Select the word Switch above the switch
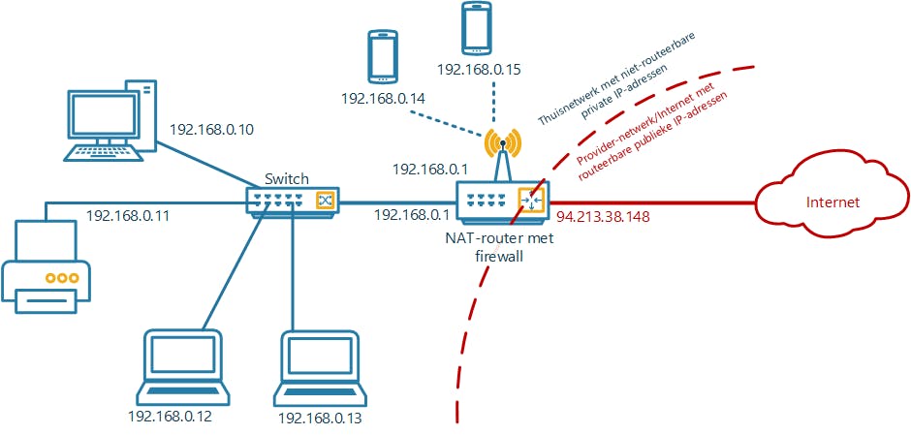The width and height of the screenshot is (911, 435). click(x=287, y=178)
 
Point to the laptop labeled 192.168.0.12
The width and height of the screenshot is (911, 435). click(x=183, y=367)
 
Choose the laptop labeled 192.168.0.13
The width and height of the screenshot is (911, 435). click(x=322, y=368)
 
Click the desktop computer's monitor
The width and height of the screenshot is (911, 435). click(x=101, y=117)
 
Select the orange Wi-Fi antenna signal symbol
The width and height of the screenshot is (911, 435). click(x=501, y=143)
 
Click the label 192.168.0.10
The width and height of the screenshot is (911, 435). click(x=212, y=129)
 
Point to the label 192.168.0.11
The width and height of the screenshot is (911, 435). click(x=128, y=216)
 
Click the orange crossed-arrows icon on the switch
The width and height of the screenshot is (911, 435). click(x=325, y=201)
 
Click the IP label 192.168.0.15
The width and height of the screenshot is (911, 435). click(x=480, y=70)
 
